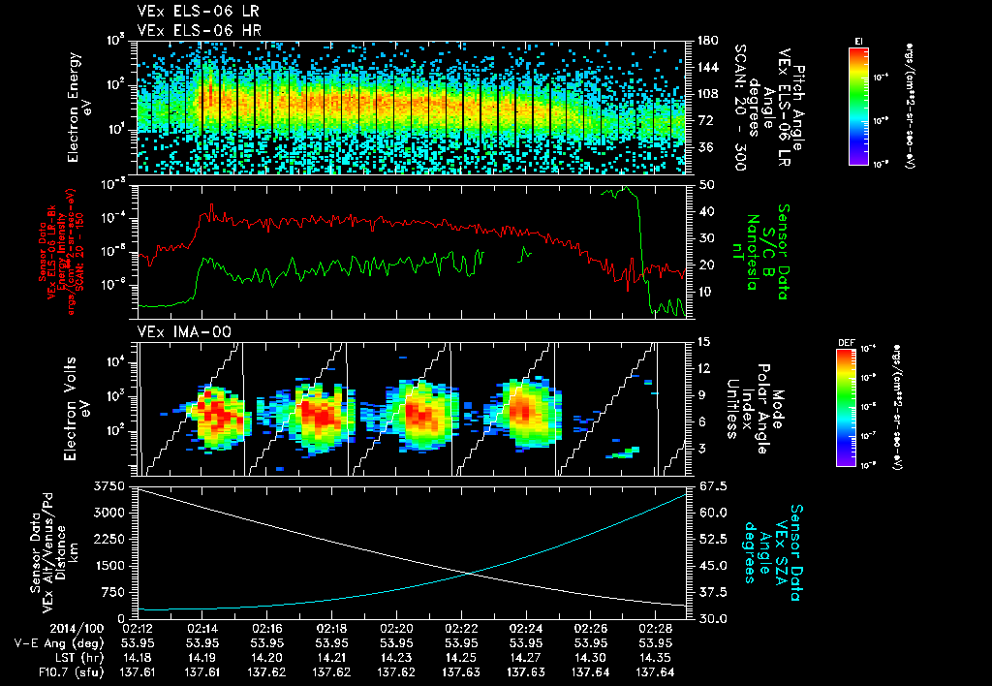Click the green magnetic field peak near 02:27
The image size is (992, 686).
[627, 188]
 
